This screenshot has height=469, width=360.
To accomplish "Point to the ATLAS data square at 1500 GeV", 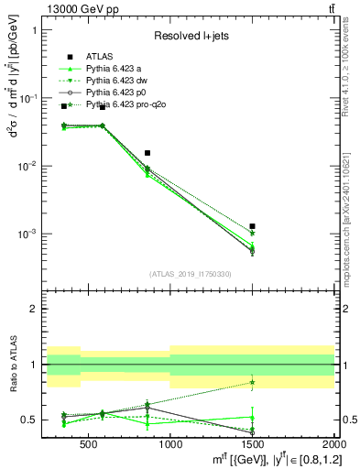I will [x=252, y=225].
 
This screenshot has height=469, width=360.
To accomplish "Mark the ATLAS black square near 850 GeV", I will [x=147, y=153].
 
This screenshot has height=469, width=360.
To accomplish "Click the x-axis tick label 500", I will [x=88, y=443].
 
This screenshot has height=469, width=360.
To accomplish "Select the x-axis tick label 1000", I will [x=170, y=443].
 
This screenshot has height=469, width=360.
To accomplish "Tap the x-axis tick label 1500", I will [x=252, y=443].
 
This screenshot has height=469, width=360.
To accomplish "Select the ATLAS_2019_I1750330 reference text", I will [x=190, y=274].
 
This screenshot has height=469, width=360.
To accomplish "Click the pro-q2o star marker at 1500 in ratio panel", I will [x=252, y=382].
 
